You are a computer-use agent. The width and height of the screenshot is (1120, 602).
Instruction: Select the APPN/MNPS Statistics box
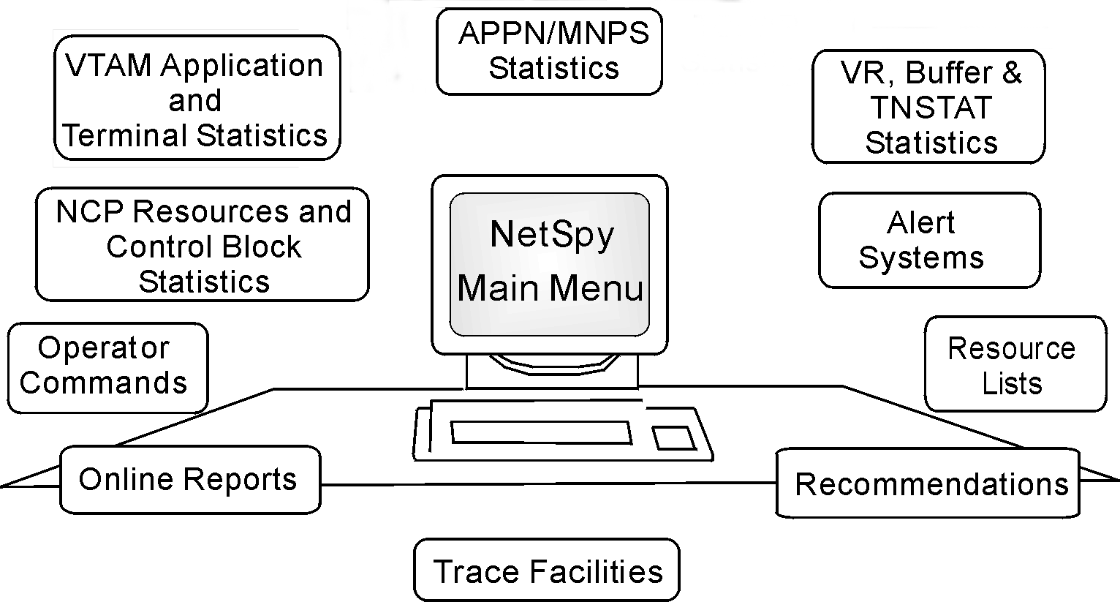click(549, 51)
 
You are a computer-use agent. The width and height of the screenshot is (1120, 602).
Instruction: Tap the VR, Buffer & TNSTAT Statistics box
click(928, 107)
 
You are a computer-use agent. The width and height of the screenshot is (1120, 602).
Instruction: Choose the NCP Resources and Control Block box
click(203, 245)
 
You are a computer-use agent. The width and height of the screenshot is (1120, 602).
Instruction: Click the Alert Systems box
click(928, 240)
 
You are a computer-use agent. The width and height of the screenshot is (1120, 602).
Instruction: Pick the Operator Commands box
click(107, 366)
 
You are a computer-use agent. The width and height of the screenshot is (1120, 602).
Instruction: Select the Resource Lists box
click(1015, 364)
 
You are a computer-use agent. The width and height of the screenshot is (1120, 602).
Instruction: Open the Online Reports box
click(189, 480)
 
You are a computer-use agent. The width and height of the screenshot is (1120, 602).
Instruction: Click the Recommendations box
click(927, 484)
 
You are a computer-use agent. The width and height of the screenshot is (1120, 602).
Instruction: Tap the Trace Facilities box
click(547, 571)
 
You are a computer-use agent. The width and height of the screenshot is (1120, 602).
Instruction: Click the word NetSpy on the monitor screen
click(552, 236)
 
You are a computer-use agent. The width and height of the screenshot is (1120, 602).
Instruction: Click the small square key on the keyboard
click(673, 437)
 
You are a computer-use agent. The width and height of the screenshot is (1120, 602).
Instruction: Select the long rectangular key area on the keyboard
click(541, 432)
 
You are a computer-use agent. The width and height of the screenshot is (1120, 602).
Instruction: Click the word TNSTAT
click(931, 108)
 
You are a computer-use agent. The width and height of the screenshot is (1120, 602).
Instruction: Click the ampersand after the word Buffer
click(1010, 73)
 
